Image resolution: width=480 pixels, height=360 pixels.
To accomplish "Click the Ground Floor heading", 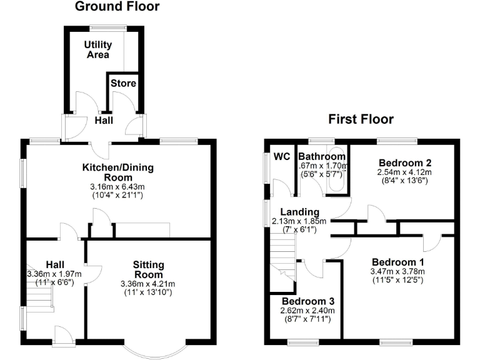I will coord(117,7).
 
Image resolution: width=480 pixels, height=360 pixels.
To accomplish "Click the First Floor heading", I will coord(362,119).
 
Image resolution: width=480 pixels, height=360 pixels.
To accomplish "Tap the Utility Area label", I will coord(99,49).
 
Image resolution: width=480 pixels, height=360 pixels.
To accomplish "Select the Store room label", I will coord(123,83).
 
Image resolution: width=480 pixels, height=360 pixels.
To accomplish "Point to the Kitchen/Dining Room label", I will coord(118,172).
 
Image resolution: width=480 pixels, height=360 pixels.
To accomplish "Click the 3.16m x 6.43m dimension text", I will coord(118,186).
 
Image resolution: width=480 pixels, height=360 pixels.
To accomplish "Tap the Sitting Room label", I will coord(148,270).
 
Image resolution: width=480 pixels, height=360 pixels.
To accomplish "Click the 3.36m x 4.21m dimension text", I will coord(148,284).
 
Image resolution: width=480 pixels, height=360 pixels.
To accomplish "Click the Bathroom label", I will coord(321,156).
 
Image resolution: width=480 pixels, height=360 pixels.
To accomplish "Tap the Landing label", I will coord(299,212).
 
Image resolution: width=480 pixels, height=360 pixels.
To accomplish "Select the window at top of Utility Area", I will coord(107,26).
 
